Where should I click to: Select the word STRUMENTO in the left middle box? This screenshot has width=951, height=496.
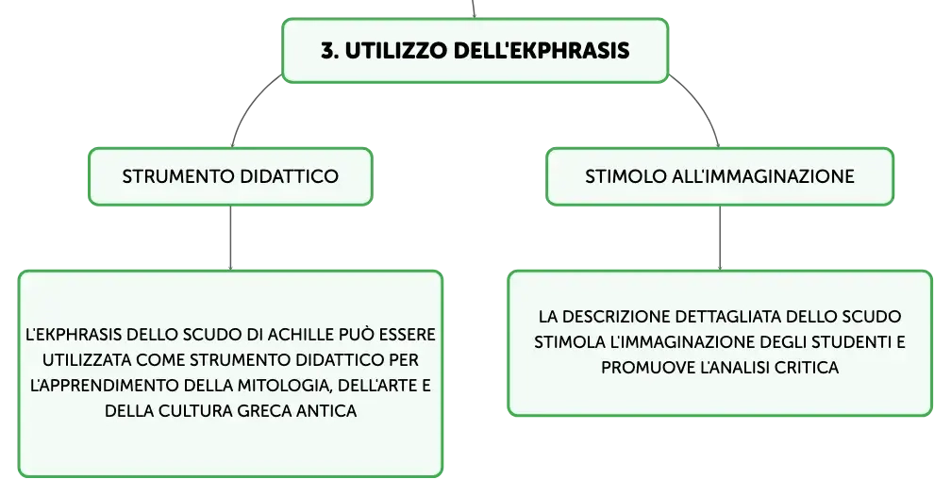178,176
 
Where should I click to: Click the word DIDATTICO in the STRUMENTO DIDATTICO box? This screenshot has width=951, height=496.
290,176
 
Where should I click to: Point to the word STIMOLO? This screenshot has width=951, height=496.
626,176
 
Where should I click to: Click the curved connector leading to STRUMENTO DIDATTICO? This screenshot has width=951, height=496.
248,104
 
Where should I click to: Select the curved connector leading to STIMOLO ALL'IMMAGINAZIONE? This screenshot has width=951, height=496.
703,104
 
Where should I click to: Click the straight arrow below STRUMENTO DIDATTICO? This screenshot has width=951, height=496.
230,238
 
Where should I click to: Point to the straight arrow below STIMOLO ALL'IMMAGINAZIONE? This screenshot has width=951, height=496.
720,238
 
